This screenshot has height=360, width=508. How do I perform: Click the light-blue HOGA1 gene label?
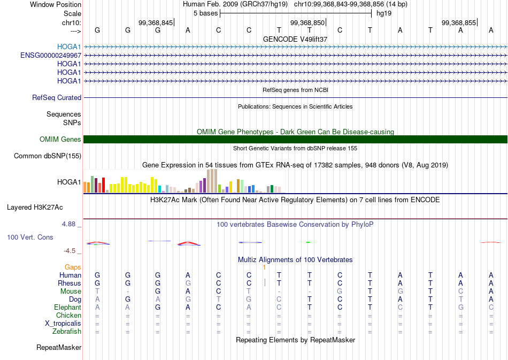69,47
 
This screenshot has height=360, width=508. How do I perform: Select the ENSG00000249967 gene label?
51,56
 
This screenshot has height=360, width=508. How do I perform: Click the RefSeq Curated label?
57,97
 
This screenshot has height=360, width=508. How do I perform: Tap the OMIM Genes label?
60,139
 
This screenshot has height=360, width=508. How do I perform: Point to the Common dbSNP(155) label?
48,156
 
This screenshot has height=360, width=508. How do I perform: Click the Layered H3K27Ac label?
35,208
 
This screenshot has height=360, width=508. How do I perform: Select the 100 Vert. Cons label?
30,237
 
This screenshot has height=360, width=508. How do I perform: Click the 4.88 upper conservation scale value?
68,224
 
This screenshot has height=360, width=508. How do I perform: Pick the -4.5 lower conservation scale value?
70,251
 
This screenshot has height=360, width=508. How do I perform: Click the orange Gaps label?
73,267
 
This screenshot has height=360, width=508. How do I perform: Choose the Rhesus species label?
70,283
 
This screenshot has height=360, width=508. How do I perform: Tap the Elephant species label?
67,307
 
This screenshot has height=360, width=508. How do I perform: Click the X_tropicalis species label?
63,324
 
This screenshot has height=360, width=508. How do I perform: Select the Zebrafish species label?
67,332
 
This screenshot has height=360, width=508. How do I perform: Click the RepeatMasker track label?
59,347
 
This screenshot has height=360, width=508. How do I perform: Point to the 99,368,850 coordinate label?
307,22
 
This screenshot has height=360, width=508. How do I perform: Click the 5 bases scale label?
206,13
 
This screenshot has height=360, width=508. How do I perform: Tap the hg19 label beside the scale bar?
384,13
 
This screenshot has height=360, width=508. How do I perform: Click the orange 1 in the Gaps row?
264,267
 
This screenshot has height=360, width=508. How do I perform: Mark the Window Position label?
56,4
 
